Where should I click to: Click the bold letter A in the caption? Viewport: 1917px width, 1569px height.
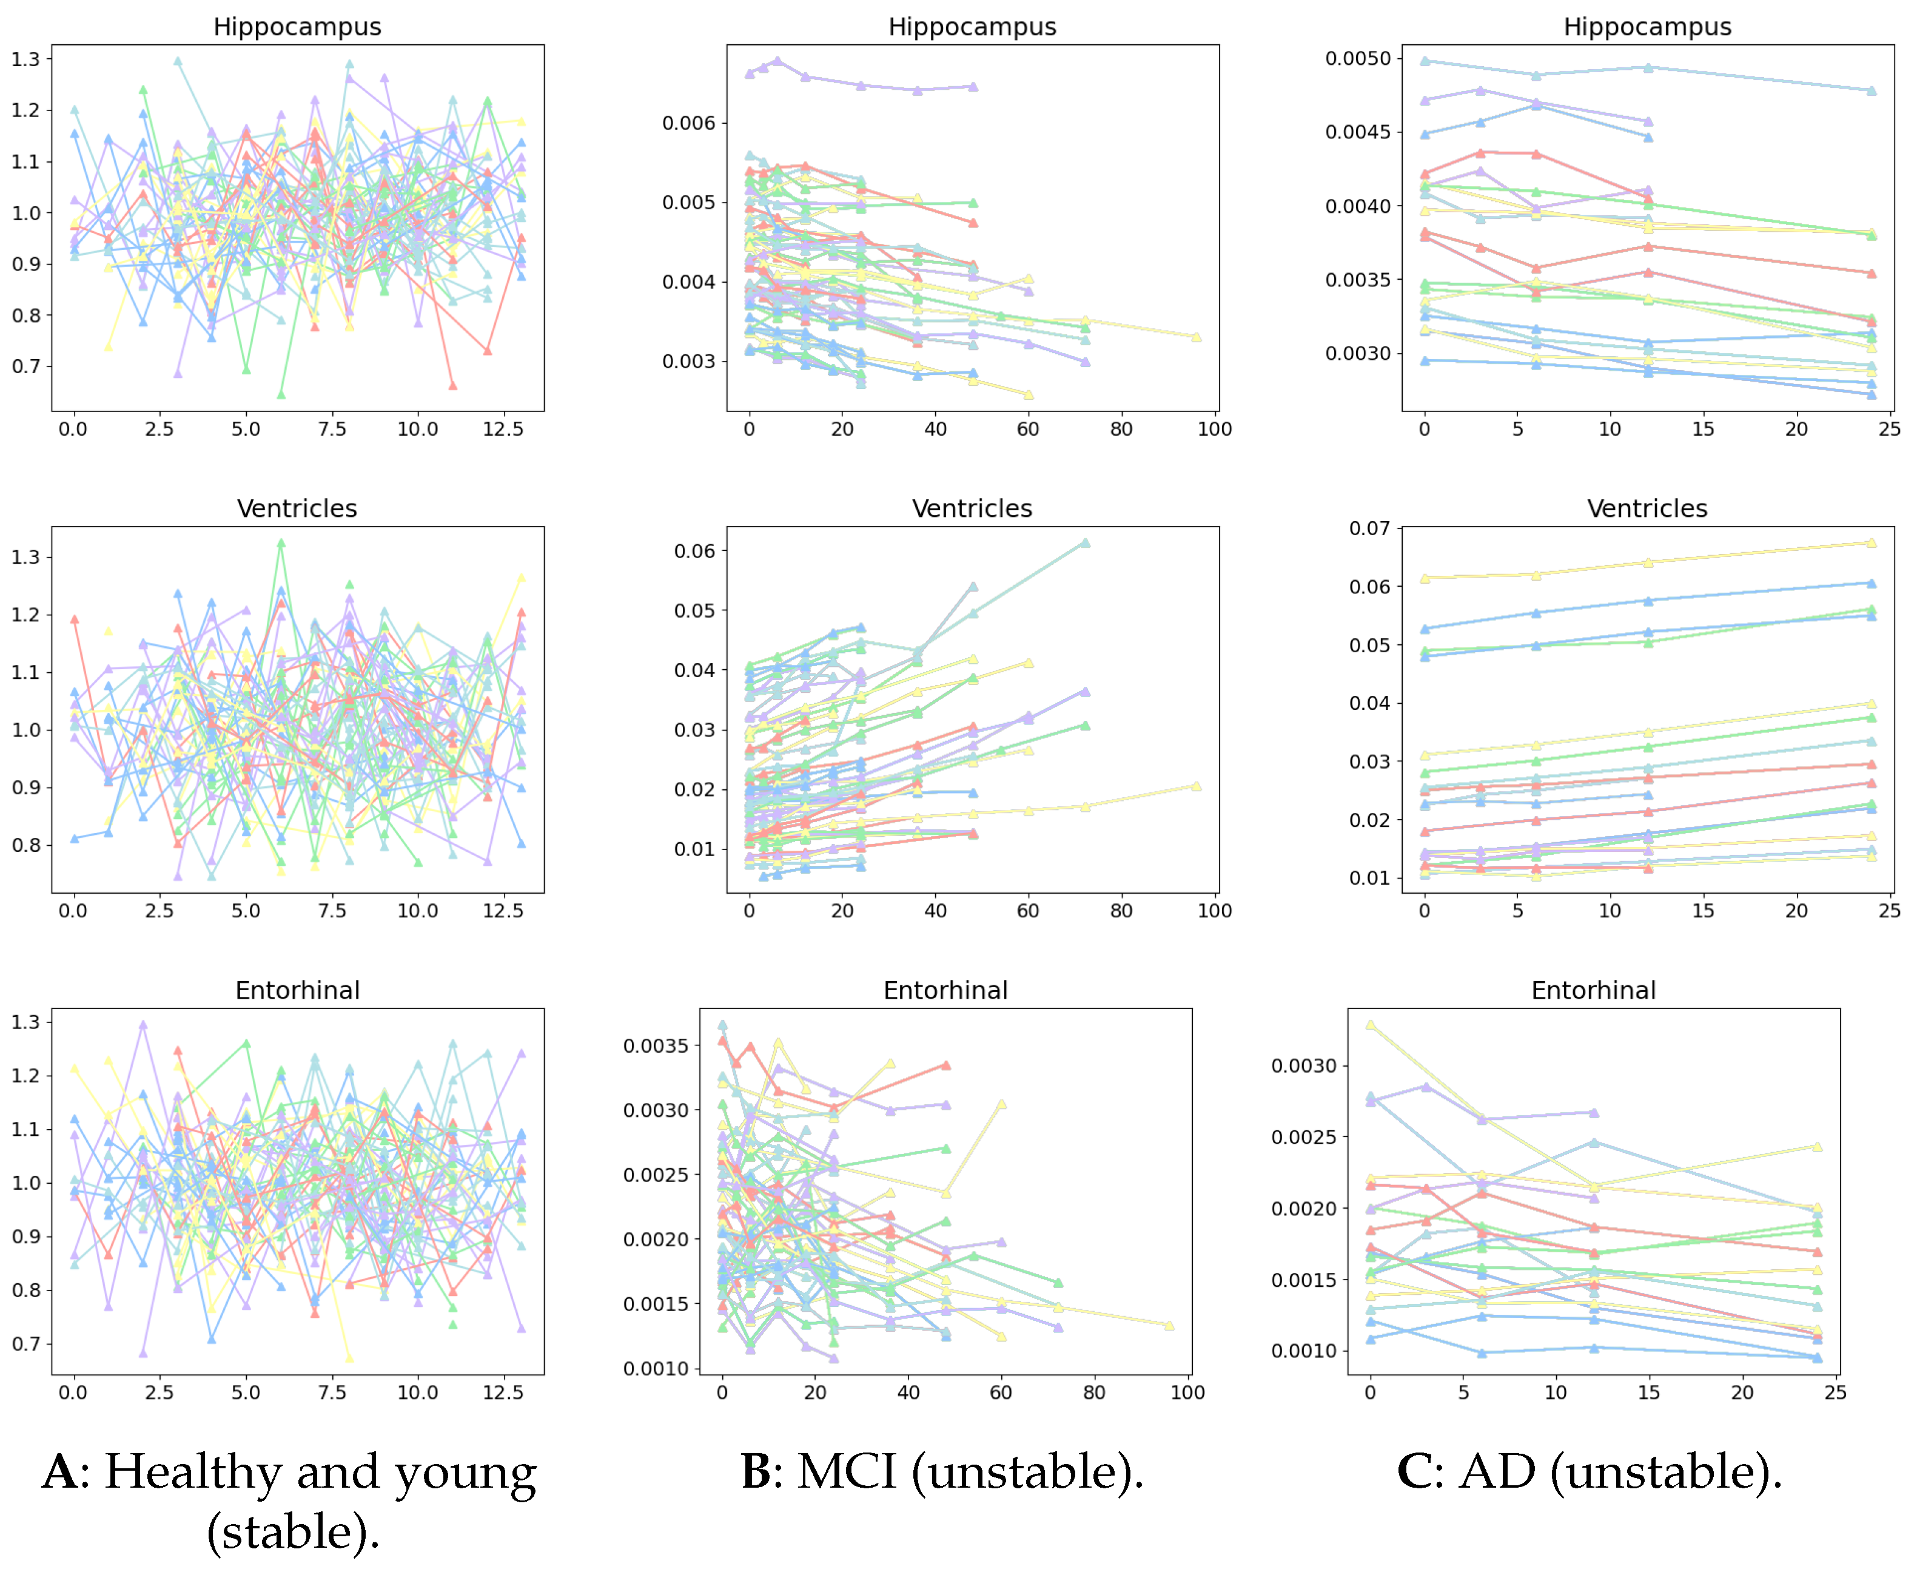pos(61,1473)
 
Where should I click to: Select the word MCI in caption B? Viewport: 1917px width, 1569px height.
pos(847,1473)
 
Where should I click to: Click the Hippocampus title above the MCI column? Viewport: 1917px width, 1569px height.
pos(972,27)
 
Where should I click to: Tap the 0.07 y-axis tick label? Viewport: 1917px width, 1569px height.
pos(1369,528)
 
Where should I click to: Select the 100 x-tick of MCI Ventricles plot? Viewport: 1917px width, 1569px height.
pos(1214,911)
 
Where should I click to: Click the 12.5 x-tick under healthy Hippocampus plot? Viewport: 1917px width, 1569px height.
pos(503,430)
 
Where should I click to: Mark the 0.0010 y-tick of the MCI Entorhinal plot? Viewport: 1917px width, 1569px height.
pos(655,1368)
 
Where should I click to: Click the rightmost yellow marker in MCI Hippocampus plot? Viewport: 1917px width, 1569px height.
pos(1195,337)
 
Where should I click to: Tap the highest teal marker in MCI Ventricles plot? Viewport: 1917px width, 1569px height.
pos(1084,543)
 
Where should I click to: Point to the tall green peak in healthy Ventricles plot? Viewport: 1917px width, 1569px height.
pos(280,543)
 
